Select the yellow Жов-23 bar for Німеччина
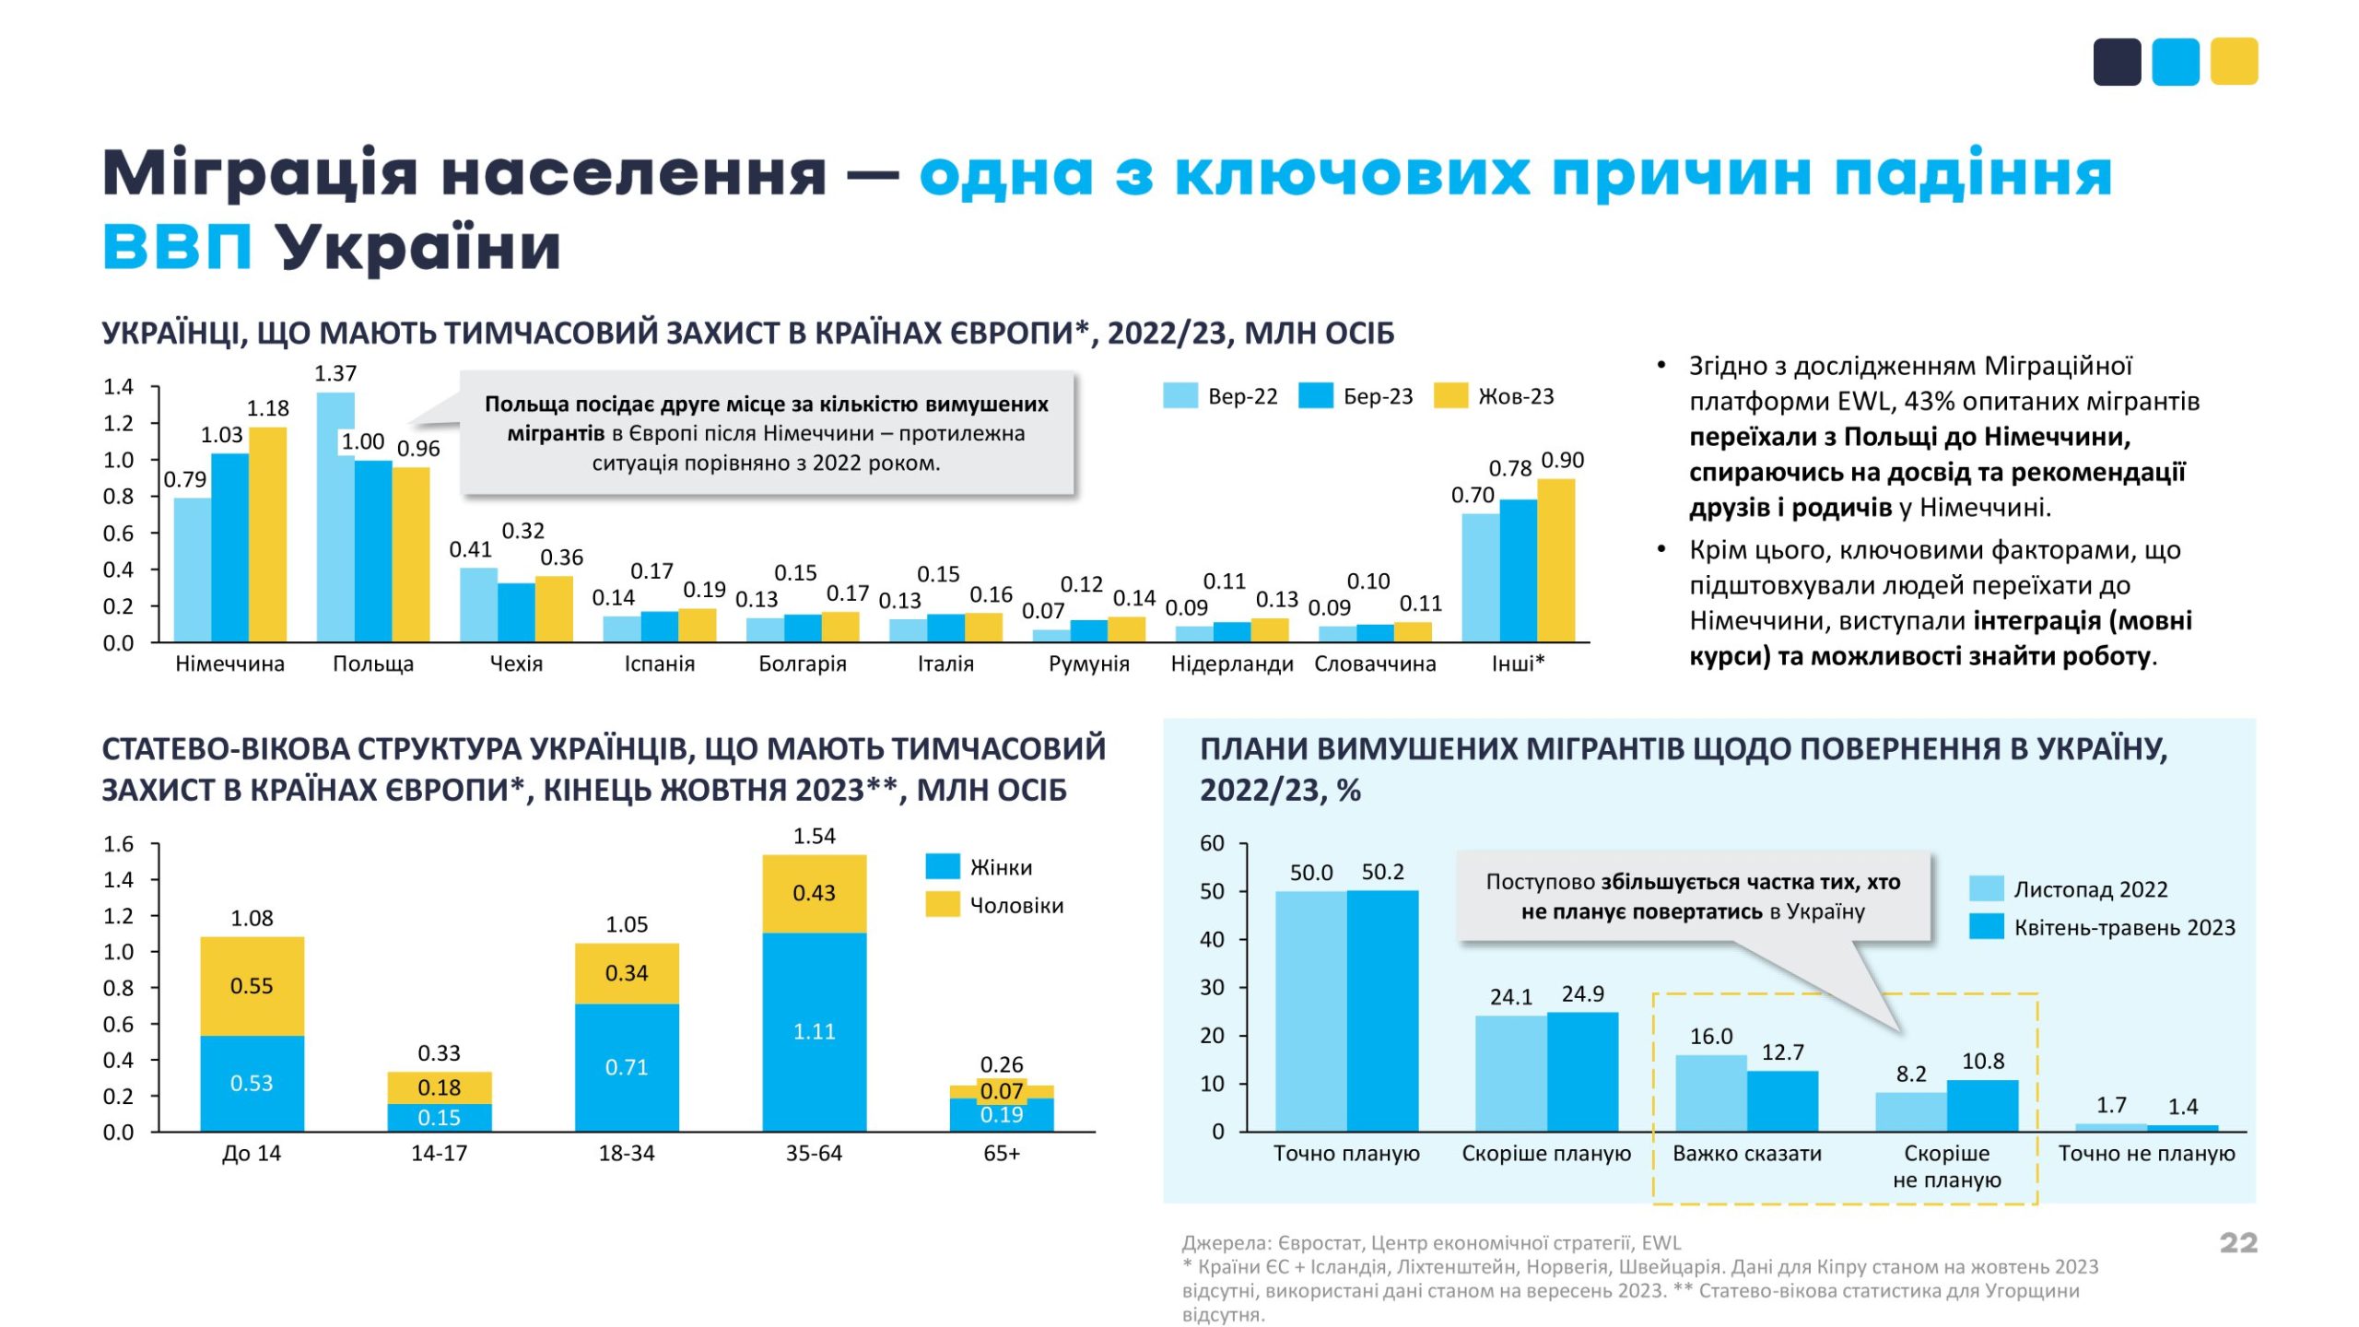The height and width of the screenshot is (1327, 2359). point(268,534)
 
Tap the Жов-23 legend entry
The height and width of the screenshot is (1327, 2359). point(1495,396)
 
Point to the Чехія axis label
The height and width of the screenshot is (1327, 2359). point(516,663)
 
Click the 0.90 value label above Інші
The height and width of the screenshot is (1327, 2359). point(1562,460)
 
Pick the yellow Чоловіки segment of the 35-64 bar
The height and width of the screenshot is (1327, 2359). point(814,893)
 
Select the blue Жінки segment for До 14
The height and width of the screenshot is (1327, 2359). point(252,1083)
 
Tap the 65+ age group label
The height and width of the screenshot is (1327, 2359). point(1001,1153)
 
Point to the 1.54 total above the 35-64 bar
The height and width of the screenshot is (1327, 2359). point(814,836)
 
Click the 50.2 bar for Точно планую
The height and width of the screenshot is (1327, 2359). point(1382,1010)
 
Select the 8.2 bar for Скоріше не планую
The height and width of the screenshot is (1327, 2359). point(1910,1111)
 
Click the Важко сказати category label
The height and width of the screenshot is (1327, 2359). point(1746,1153)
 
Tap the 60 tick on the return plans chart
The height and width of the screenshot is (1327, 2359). point(1212,843)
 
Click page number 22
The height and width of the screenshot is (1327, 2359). point(2238,1242)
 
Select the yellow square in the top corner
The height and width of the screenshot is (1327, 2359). point(2234,62)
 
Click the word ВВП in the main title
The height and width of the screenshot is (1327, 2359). point(177,247)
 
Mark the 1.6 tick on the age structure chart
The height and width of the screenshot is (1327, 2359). point(118,844)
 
